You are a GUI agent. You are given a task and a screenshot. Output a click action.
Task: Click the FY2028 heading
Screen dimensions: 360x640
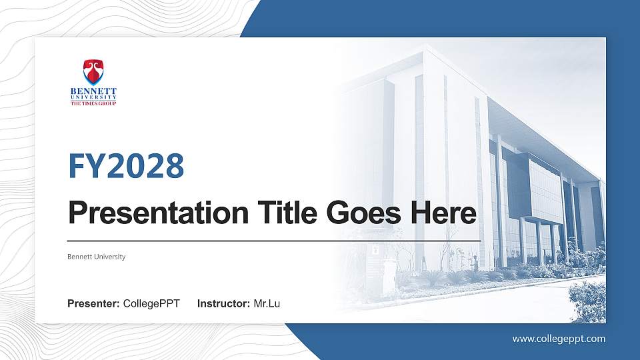pyautogui.click(x=126, y=167)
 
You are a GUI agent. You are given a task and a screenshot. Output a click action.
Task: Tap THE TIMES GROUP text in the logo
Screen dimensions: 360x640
pyautogui.click(x=93, y=103)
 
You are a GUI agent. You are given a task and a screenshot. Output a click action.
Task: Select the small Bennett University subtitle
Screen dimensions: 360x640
pyautogui.click(x=97, y=257)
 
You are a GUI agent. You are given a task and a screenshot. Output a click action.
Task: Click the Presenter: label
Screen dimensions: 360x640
pyautogui.click(x=93, y=304)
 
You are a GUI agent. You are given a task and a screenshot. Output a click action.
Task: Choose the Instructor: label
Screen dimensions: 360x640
pyautogui.click(x=224, y=304)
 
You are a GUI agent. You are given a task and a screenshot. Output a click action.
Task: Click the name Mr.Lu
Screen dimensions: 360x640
pyautogui.click(x=267, y=304)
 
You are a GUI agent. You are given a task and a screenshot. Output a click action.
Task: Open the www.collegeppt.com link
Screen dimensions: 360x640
pyautogui.click(x=559, y=339)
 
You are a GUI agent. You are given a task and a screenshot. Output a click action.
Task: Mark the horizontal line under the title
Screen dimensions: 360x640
pyautogui.click(x=274, y=239)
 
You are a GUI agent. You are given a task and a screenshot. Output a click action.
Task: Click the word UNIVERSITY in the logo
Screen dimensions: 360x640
pyautogui.click(x=93, y=97)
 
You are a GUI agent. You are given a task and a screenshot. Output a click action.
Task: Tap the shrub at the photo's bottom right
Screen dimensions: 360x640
pyautogui.click(x=587, y=300)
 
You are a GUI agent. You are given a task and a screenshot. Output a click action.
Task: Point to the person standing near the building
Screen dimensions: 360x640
pyautogui.click(x=475, y=261)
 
